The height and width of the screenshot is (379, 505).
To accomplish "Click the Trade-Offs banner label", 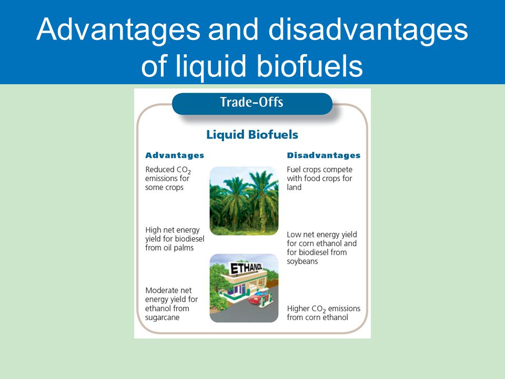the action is coord(251,102).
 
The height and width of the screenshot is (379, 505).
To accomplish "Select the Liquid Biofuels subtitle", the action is coord(252,135).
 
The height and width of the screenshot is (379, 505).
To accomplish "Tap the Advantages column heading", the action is coord(175,155).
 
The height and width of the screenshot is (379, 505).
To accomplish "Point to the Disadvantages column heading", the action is coord(324,155).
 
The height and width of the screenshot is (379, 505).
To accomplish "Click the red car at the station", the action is coord(258,298).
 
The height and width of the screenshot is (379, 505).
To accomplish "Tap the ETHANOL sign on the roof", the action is coord(246,268).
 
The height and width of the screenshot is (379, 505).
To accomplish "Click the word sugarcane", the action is coord(162,317).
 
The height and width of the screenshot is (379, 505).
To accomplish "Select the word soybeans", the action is coord(302,262).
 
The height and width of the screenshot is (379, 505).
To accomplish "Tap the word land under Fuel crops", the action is coord(294,187).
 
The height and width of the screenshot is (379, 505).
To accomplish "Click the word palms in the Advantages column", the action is coord(183,248).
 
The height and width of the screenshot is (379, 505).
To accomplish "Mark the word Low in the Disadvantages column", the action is coord(294,235).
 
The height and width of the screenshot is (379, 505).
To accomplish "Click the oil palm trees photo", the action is coord(244,201).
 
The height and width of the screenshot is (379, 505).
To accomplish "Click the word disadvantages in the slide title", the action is coord(368,30).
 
